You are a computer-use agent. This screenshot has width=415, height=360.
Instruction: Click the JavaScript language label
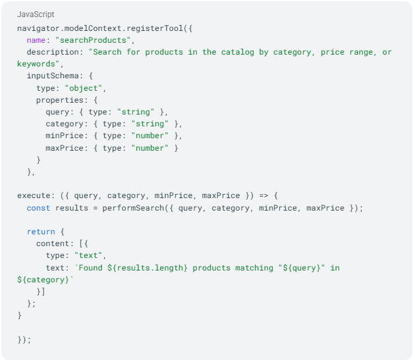click(x=36, y=14)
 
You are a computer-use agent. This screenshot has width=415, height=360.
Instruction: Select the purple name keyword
click(x=36, y=40)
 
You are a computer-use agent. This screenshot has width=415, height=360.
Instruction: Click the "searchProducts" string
click(x=93, y=40)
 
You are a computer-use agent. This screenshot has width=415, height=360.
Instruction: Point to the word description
click(x=53, y=52)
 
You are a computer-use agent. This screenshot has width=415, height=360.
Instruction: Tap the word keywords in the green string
click(x=36, y=64)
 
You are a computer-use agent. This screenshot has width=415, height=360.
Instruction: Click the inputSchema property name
click(x=53, y=76)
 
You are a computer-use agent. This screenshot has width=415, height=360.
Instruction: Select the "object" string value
click(x=84, y=88)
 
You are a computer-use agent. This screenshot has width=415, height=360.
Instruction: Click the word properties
click(x=60, y=100)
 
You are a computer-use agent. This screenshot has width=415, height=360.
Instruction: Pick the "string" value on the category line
click(x=150, y=124)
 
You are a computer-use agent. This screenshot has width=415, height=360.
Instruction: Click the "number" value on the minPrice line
click(x=150, y=136)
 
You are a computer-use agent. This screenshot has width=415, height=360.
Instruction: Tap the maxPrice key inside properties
click(x=65, y=148)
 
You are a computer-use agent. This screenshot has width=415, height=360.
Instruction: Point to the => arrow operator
click(x=263, y=195)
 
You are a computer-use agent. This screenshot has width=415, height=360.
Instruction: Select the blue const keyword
click(x=38, y=208)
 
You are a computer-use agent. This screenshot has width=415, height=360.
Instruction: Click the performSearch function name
click(x=133, y=208)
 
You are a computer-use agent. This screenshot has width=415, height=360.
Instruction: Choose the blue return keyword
click(x=41, y=232)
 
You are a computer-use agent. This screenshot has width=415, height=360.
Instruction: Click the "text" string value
click(x=88, y=255)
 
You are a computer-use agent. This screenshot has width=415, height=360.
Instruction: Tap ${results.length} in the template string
click(x=148, y=268)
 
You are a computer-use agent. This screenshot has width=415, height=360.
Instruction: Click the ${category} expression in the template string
click(x=43, y=280)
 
